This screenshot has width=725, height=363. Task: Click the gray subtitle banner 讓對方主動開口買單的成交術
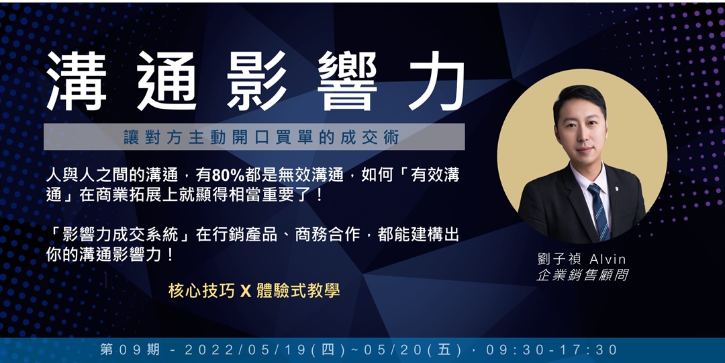pos(254,136)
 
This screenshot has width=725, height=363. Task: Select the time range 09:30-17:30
pos(554,350)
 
